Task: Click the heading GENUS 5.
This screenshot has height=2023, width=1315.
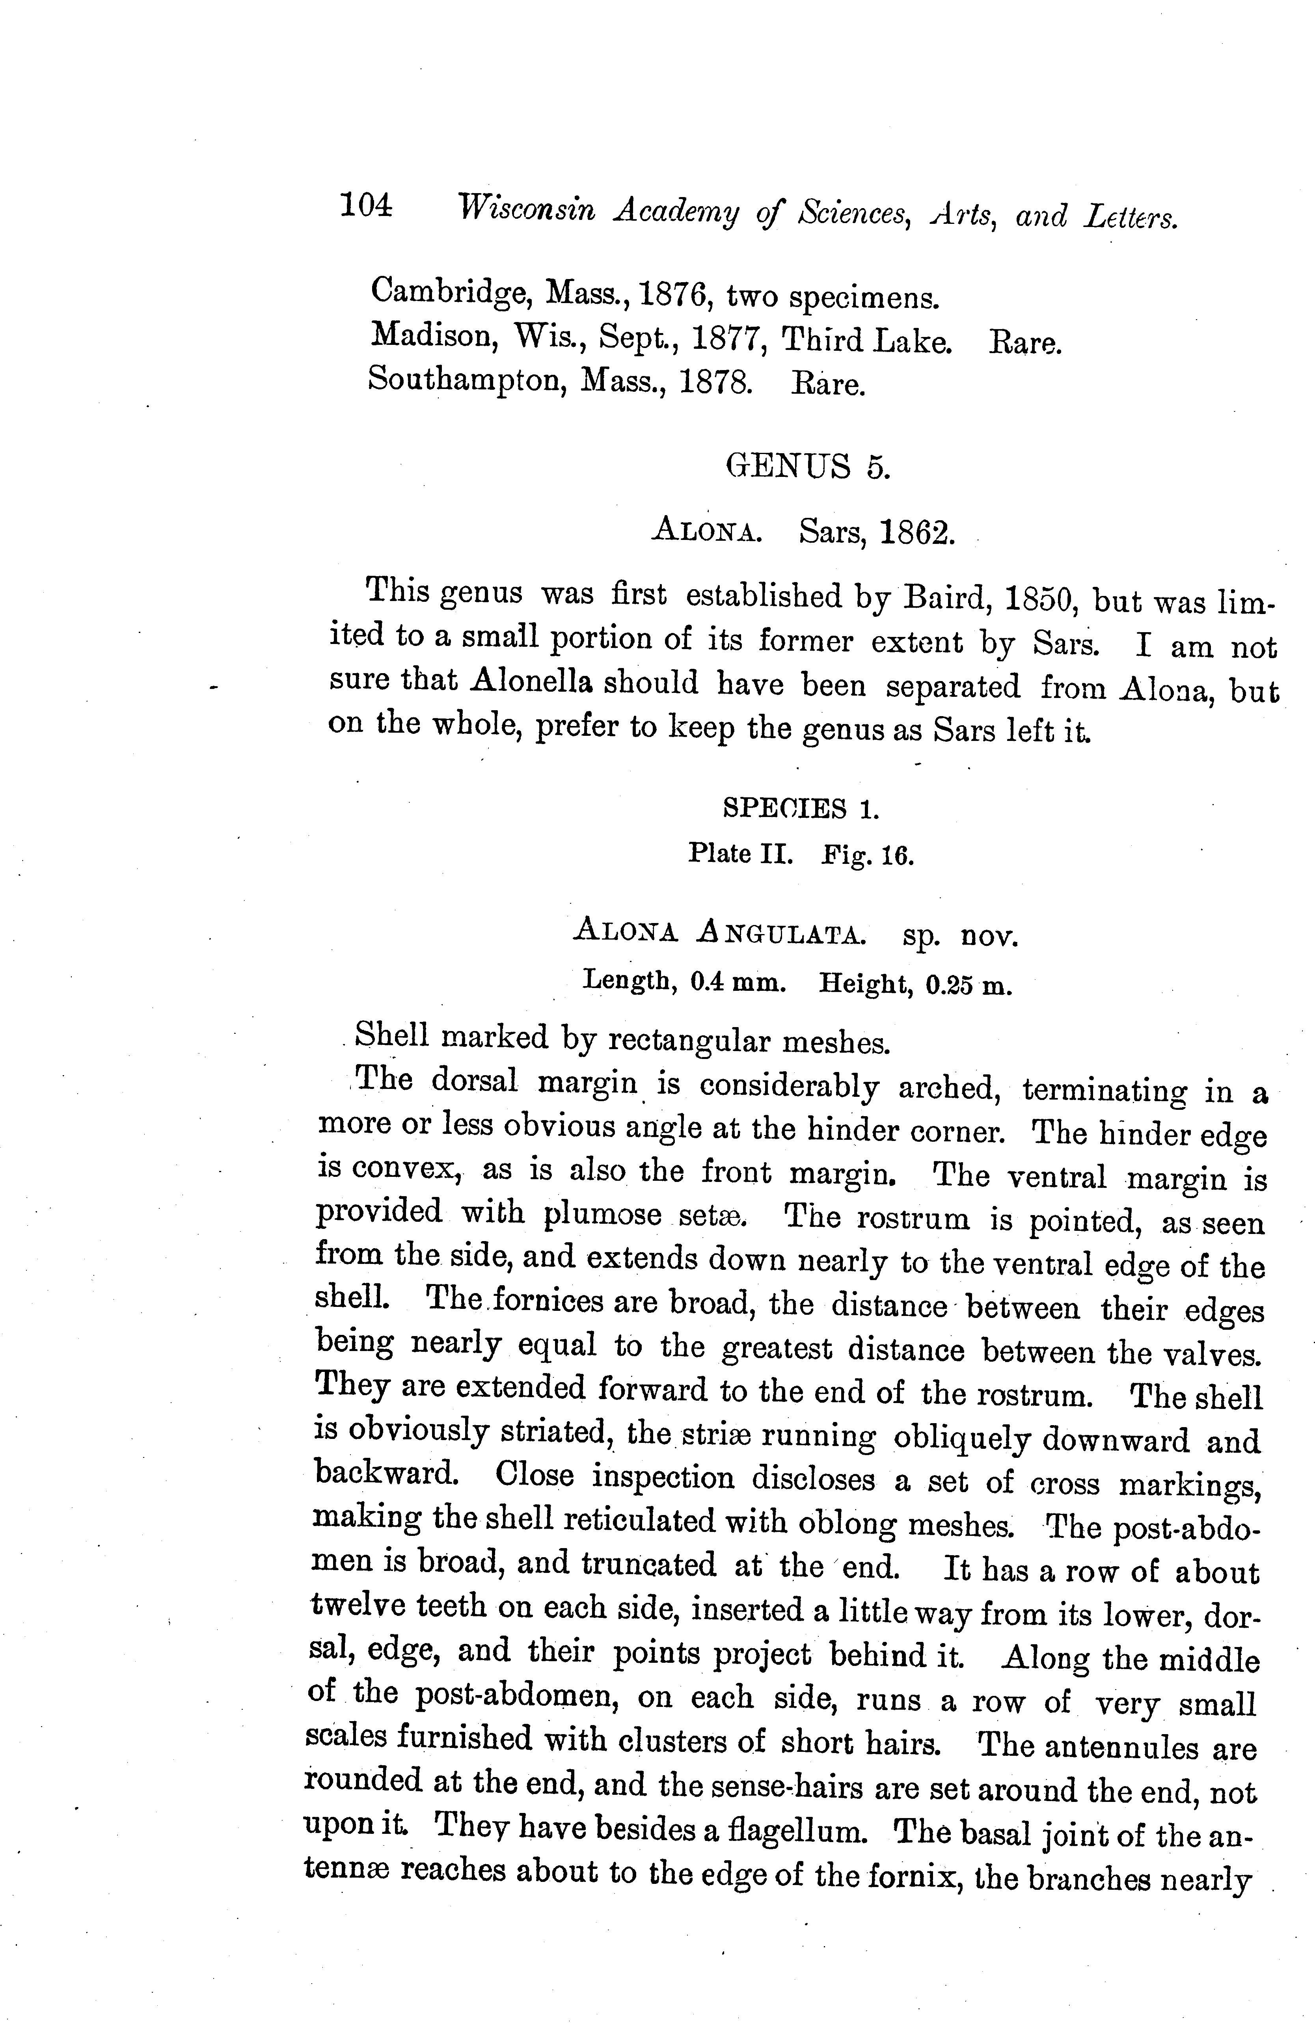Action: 808,467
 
